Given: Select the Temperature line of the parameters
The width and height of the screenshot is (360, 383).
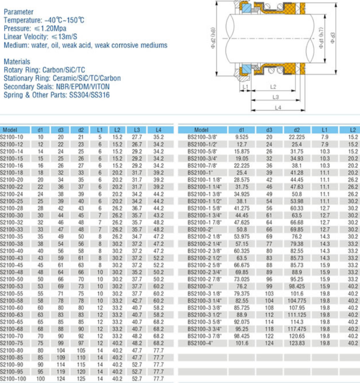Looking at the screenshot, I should pos(44,21).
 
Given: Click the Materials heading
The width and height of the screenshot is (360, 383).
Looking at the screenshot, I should pos(17,61).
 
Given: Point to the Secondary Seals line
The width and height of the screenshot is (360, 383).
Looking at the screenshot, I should pos(57,86).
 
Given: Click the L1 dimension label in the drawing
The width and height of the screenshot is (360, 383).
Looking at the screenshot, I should pos(245,87).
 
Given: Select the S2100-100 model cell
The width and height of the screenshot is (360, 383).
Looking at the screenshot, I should pos(13,378).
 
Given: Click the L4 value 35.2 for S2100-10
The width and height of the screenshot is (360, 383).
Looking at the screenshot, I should pos(158,137).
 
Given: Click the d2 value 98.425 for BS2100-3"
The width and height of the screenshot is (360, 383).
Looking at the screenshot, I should pos(297,286).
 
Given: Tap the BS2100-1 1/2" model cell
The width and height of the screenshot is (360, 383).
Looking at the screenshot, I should pos(205,201).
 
